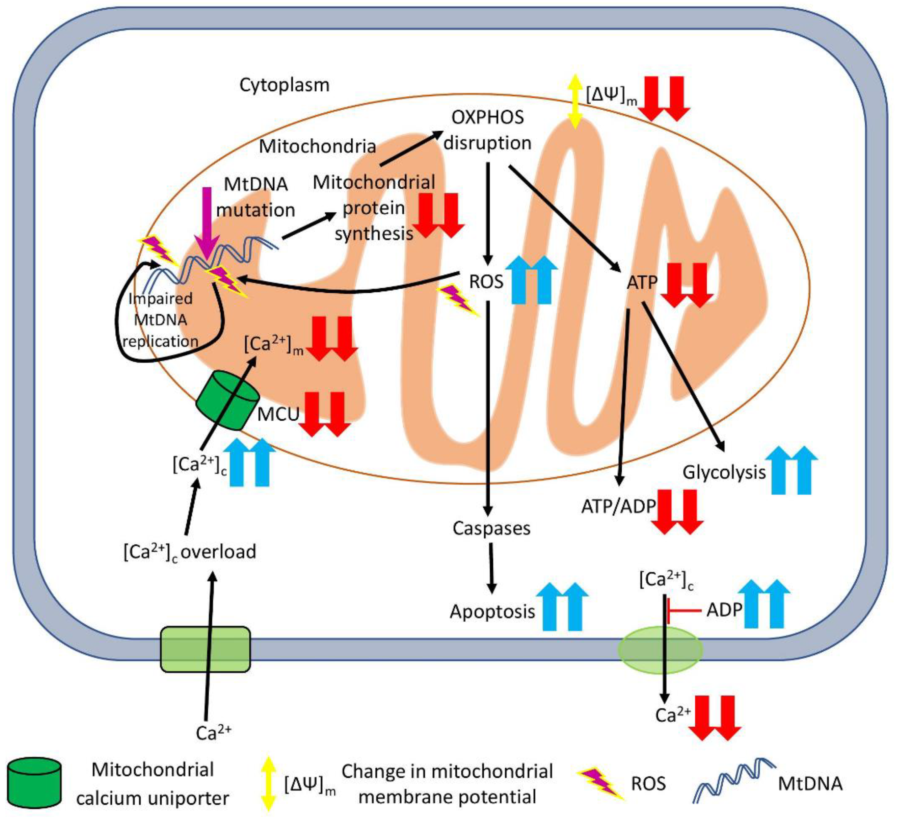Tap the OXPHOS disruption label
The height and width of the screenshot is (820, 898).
(488, 130)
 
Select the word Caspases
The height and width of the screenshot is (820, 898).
(491, 528)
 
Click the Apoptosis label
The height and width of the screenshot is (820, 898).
(492, 612)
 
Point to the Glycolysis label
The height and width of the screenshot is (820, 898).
(724, 472)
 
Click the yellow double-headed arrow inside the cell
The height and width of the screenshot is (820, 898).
(575, 101)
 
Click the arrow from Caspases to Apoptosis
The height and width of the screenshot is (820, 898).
(491, 568)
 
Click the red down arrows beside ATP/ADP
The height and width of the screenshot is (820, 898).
(677, 512)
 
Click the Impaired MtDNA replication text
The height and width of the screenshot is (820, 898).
(160, 320)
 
